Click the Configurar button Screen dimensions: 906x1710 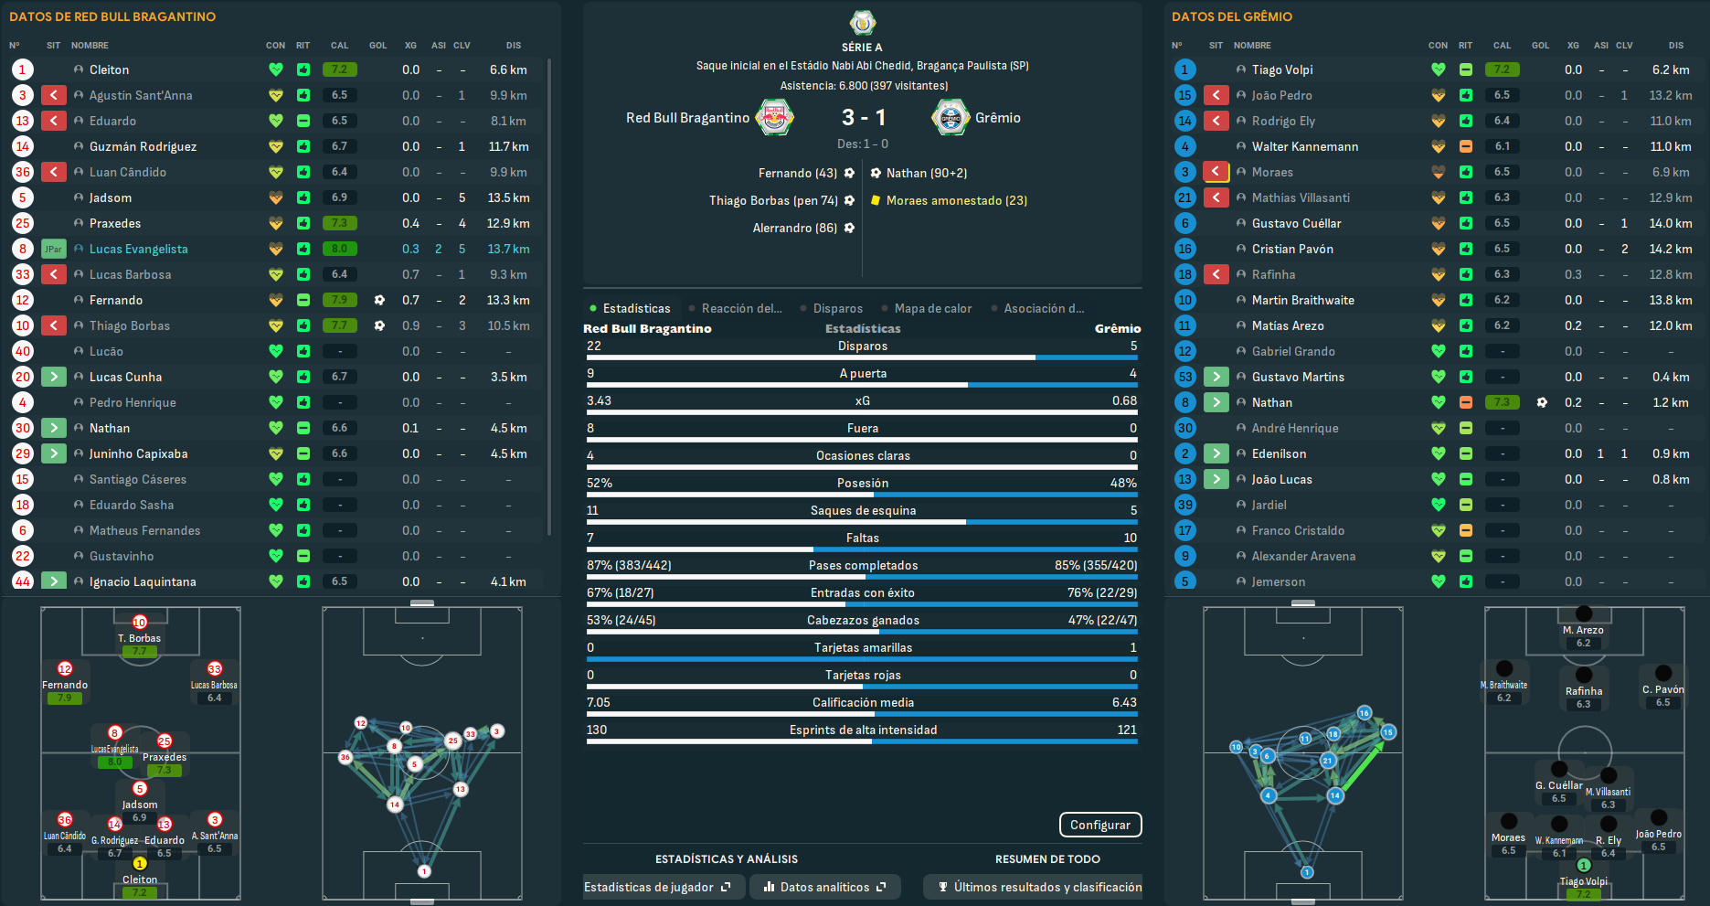pyautogui.click(x=1099, y=825)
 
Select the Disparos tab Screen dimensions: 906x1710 pyautogui.click(x=837, y=308)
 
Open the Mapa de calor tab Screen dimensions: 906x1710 pyautogui.click(x=932, y=308)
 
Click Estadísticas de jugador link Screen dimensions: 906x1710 pyautogui.click(x=657, y=887)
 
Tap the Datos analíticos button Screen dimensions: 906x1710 pyautogui.click(x=824, y=887)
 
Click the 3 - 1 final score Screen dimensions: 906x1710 pyautogui.click(x=863, y=117)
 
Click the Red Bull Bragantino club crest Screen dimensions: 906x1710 pyautogui.click(x=775, y=117)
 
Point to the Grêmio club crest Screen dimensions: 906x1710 pyautogui.click(x=951, y=117)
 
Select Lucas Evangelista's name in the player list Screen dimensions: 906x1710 pyautogui.click(x=138, y=249)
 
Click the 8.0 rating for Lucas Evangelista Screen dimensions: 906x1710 pyautogui.click(x=339, y=249)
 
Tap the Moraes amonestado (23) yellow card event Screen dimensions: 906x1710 pyautogui.click(x=956, y=200)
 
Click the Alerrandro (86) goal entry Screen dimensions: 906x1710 pyautogui.click(x=794, y=228)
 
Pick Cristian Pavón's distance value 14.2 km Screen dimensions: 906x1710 pyautogui.click(x=1670, y=249)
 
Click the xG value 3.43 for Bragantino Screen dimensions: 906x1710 pyautogui.click(x=600, y=400)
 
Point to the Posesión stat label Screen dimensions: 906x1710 pyautogui.click(x=862, y=483)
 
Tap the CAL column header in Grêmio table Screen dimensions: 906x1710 pyautogui.click(x=1502, y=45)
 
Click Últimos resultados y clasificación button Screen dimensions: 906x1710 pyautogui.click(x=1039, y=887)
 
